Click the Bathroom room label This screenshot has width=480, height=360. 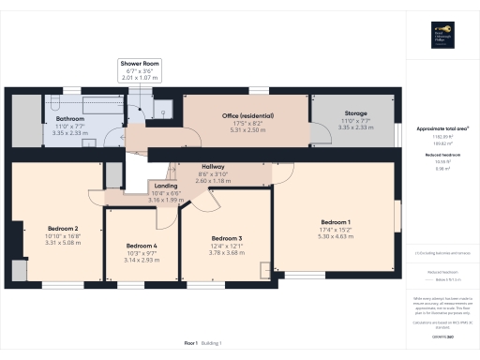70,119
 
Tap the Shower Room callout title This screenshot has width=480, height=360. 140,63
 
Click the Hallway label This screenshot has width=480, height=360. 214,166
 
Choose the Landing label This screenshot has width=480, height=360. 165,186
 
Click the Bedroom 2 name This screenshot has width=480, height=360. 63,227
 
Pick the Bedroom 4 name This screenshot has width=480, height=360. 142,247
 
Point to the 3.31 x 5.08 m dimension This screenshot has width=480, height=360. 63,242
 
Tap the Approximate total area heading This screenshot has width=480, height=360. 442,127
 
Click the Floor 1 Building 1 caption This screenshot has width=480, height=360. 209,344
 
